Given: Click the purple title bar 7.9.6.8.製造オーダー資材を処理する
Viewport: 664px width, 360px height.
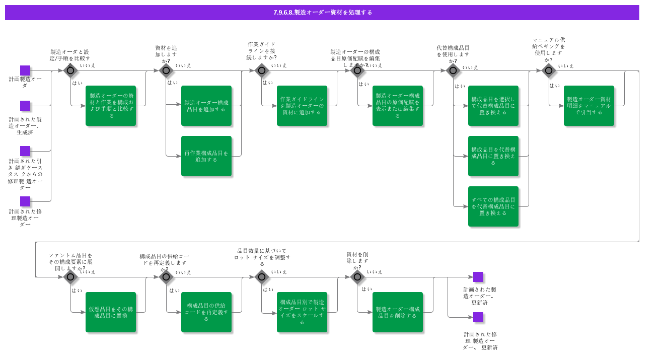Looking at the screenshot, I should [x=322, y=13].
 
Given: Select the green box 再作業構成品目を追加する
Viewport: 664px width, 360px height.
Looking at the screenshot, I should [x=206, y=156].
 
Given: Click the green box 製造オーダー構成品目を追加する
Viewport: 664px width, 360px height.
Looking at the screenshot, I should [x=206, y=106].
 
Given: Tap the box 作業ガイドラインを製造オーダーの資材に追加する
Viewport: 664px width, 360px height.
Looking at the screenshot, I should [x=302, y=106].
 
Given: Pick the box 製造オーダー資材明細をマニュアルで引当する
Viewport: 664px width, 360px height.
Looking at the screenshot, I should [x=589, y=106].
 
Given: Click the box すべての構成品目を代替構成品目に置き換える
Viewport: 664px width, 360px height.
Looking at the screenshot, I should [x=493, y=206].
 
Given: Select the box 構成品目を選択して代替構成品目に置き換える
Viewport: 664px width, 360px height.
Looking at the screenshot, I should [x=493, y=106].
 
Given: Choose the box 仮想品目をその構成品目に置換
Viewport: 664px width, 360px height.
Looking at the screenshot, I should [x=111, y=312].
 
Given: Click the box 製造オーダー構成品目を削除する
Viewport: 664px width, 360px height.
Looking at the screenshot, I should [x=398, y=312].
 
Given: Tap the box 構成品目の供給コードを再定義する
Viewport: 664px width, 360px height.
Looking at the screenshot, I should [x=206, y=312].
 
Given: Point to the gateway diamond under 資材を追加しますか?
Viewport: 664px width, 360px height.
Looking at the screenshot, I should [x=166, y=70].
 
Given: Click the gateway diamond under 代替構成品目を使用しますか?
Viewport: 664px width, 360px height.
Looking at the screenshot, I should [x=453, y=70].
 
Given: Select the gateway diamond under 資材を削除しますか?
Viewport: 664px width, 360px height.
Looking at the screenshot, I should [x=357, y=277].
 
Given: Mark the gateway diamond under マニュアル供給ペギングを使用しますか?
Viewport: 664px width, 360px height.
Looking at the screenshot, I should [x=549, y=70].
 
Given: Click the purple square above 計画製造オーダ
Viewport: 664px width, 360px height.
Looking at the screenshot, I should [x=25, y=70].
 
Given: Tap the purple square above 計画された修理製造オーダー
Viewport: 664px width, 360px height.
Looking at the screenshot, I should [x=25, y=201].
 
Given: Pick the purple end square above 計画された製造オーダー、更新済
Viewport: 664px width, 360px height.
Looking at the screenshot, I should [x=478, y=277].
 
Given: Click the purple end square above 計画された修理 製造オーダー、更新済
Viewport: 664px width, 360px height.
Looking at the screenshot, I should [x=478, y=317].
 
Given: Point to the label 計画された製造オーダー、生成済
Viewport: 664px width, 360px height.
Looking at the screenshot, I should [x=25, y=126].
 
